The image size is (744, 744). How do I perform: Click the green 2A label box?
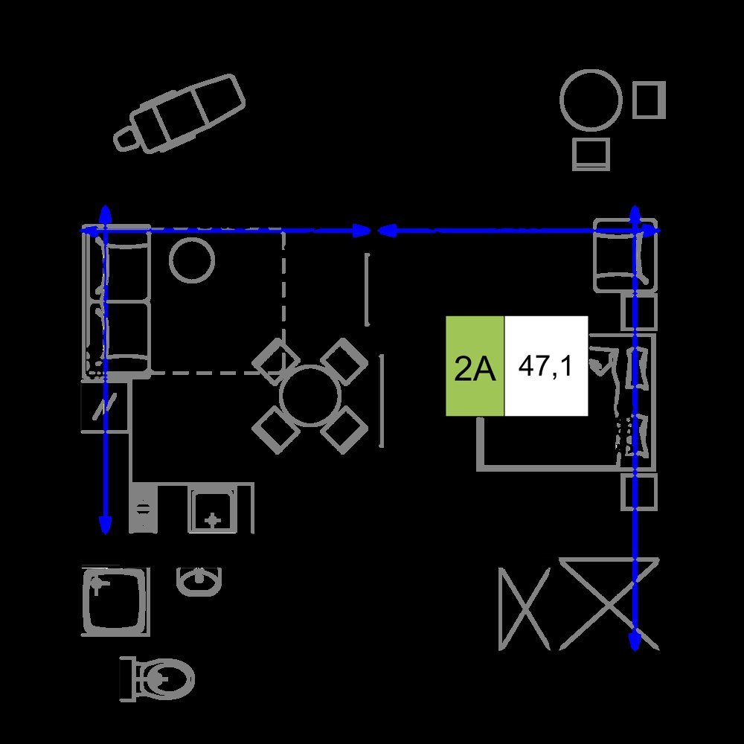pos(475,366)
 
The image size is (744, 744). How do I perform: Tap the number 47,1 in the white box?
pos(545,366)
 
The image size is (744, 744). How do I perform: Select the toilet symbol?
pos(157,679)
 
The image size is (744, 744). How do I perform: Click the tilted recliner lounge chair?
pos(179,113)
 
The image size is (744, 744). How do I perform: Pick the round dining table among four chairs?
pos(310,396)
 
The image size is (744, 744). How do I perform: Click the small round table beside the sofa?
pos(192,260)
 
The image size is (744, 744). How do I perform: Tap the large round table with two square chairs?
pos(591,100)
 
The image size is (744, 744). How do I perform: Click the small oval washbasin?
pos(199,581)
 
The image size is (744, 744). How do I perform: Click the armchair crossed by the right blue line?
pos(626,254)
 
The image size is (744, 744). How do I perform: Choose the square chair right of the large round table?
pos(649,100)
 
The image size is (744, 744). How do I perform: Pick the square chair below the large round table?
pos(591,154)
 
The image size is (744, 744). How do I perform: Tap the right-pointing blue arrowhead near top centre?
pos(362,231)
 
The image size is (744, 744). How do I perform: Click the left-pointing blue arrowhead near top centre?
pos(387,231)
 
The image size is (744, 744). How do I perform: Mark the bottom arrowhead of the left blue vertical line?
pos(105,525)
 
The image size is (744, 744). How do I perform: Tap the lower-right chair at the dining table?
pos(345,430)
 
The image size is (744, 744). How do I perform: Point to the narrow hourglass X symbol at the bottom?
pos(525,609)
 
